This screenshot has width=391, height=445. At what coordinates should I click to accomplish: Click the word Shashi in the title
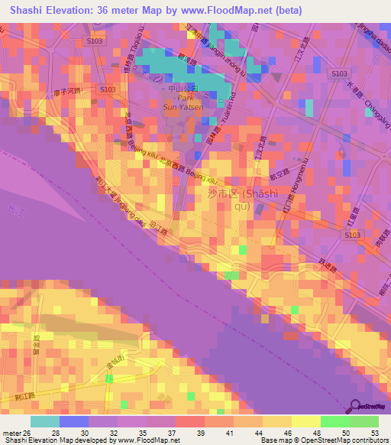29,11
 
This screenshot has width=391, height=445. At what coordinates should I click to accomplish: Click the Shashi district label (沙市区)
222,194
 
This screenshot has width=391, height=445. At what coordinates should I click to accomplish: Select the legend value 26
27,432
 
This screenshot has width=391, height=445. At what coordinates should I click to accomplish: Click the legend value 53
374,432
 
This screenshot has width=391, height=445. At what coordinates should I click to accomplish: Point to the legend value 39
200,432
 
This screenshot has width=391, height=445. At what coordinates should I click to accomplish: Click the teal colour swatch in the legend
45,421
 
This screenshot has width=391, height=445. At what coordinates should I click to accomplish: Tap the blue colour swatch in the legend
74,421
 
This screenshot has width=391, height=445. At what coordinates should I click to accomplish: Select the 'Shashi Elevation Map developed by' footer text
57,440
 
